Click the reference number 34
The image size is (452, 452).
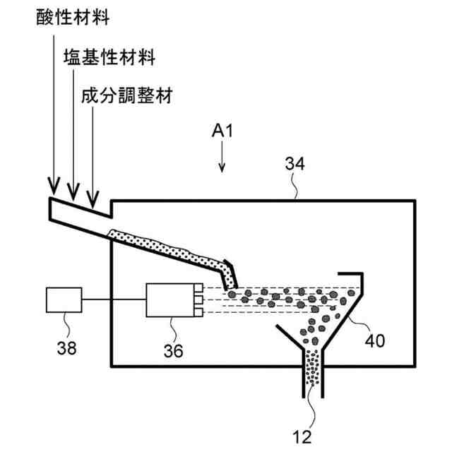[x=295, y=165]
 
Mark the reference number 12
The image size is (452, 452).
[x=302, y=436]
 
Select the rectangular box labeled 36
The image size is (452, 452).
[x=169, y=301]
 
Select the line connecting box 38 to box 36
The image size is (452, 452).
[x=114, y=302]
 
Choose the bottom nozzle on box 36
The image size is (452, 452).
[x=198, y=312]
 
